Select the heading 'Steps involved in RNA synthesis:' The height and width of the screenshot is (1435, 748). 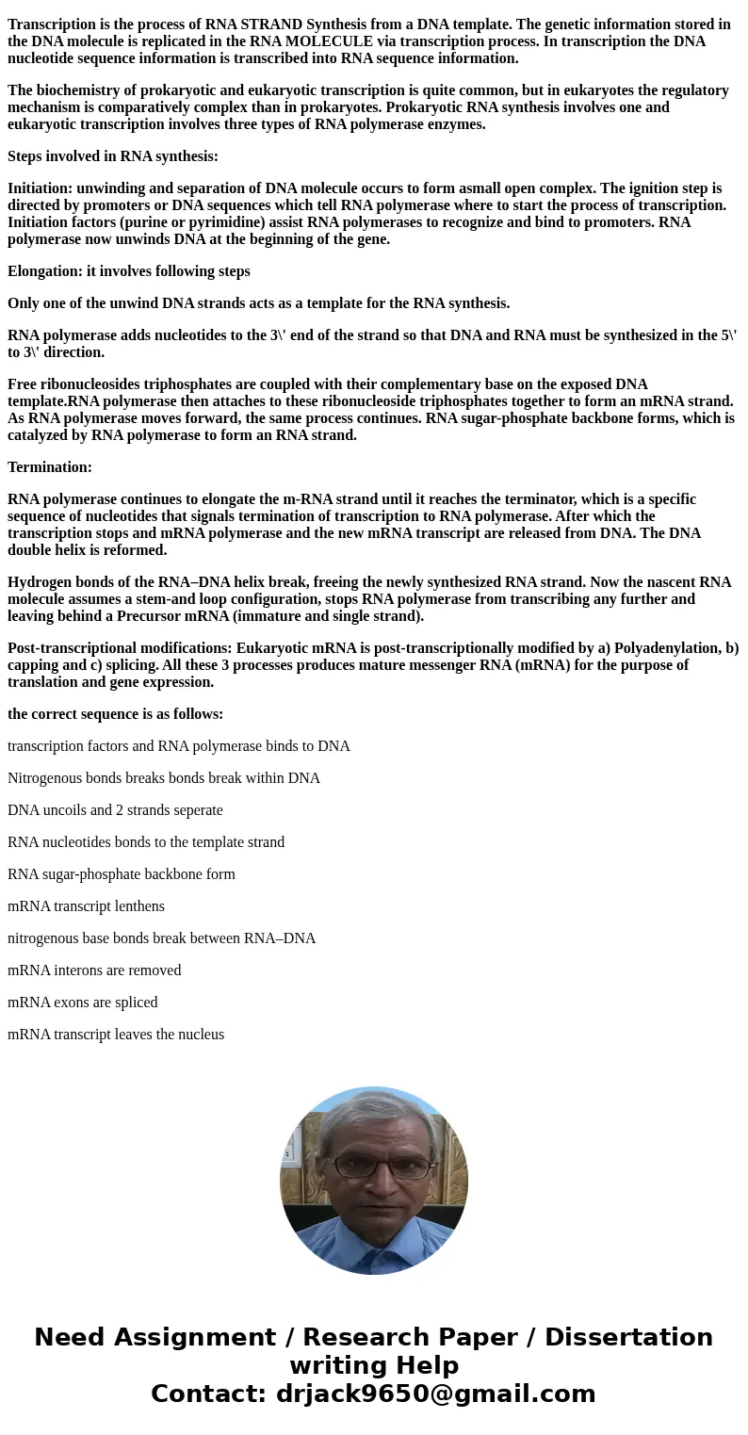point(113,156)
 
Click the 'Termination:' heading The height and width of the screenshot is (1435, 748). point(50,467)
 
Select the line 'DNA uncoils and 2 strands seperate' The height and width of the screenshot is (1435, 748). point(115,810)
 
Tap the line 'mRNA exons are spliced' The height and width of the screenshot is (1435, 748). point(83,1003)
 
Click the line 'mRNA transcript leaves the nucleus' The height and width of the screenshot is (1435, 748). point(116,1035)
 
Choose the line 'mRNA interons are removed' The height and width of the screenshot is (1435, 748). point(94,970)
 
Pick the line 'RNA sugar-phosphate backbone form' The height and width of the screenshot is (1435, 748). point(122,874)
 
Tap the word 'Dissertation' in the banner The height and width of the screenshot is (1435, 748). point(628,1338)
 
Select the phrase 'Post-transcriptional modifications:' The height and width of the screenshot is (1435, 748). point(120,648)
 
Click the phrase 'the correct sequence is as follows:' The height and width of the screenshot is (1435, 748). point(115,714)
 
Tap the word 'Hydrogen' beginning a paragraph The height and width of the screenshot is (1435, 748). point(38,582)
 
